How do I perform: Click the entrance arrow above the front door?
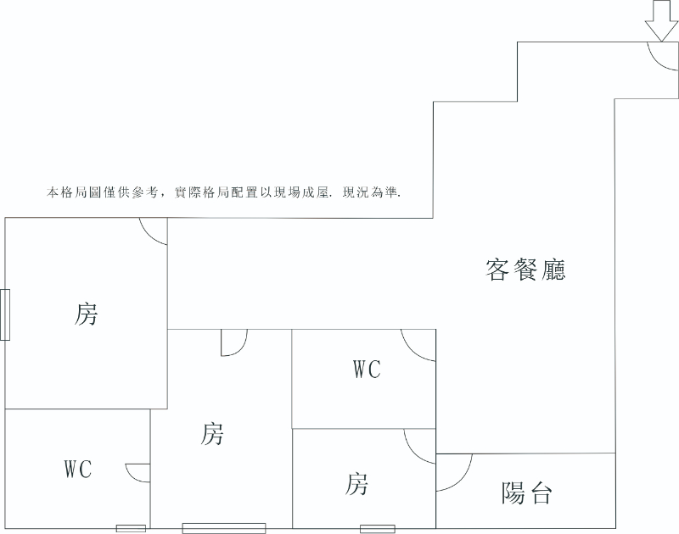(662, 20)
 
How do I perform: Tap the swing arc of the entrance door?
(663, 56)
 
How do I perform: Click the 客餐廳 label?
(525, 270)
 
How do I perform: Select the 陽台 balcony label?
(526, 493)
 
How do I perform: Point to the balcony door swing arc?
(454, 473)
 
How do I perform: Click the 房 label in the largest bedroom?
(86, 314)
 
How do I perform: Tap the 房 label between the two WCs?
(211, 434)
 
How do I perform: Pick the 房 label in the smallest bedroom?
(356, 484)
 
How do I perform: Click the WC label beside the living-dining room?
(368, 370)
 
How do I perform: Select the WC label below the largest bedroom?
(78, 469)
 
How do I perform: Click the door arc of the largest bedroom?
(154, 231)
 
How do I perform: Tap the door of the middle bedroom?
(234, 342)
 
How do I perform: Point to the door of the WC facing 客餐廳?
(418, 345)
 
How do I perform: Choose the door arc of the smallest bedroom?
(419, 446)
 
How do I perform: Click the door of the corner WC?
(137, 473)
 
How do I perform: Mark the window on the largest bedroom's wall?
(5, 314)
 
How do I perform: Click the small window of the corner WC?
(131, 528)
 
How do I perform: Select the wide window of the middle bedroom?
(224, 528)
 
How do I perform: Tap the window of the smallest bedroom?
(378, 529)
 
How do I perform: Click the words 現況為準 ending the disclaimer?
(371, 192)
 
